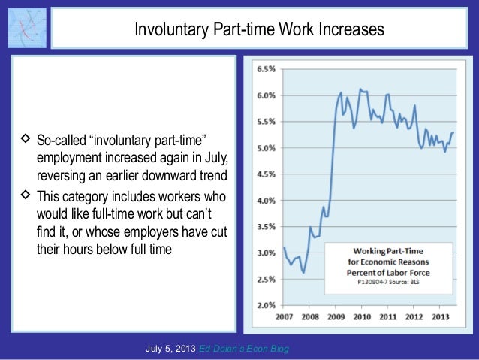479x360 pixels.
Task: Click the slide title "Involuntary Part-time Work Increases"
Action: [x=258, y=29]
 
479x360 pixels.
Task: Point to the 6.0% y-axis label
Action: [x=266, y=95]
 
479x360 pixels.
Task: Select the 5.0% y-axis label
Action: [x=266, y=148]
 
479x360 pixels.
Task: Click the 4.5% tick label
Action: [x=266, y=174]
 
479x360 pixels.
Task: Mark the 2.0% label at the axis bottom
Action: [x=266, y=306]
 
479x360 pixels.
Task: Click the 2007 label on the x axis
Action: [x=283, y=316]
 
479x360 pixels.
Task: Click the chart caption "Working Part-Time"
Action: [x=396, y=249]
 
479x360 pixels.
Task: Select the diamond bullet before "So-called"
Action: [x=26, y=140]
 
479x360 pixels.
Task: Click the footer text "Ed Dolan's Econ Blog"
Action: [x=244, y=349]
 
